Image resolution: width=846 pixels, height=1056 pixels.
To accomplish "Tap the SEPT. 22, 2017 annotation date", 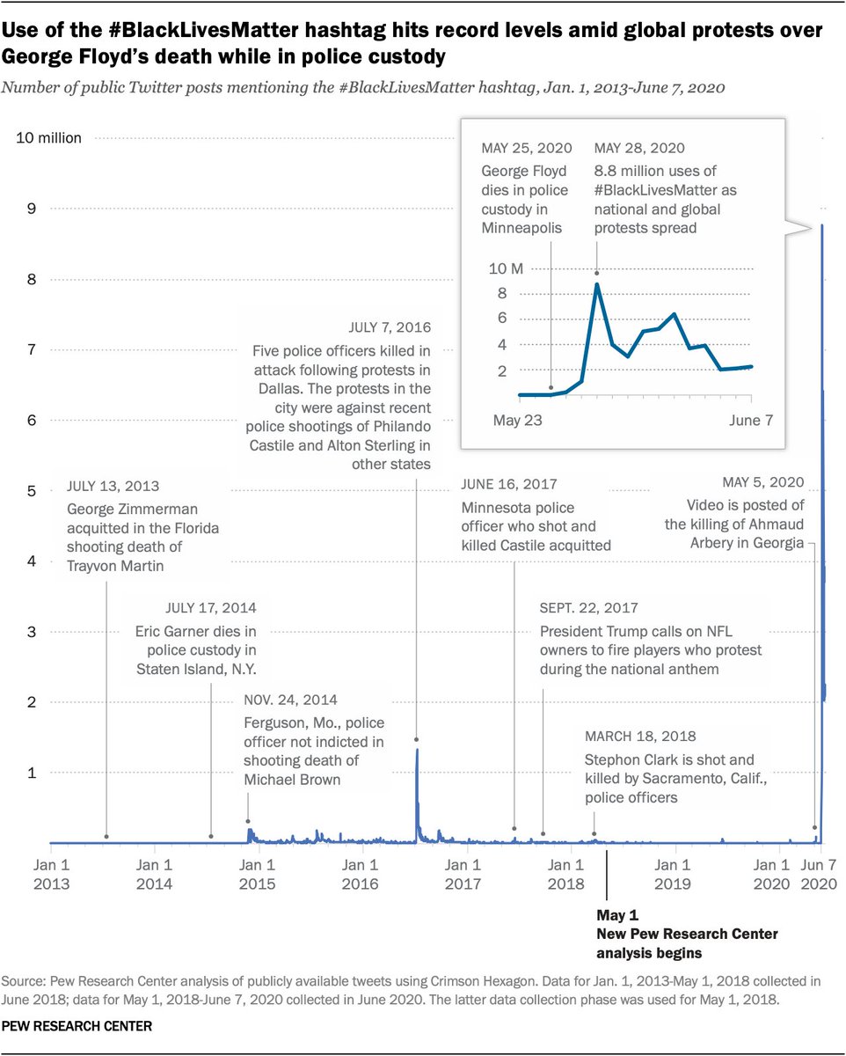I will [x=589, y=608].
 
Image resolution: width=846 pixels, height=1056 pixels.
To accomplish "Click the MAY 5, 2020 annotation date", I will [x=763, y=482].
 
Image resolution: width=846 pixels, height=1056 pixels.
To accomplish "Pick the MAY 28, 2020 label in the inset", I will [x=639, y=148].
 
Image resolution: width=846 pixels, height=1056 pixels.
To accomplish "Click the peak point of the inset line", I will [x=597, y=283].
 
